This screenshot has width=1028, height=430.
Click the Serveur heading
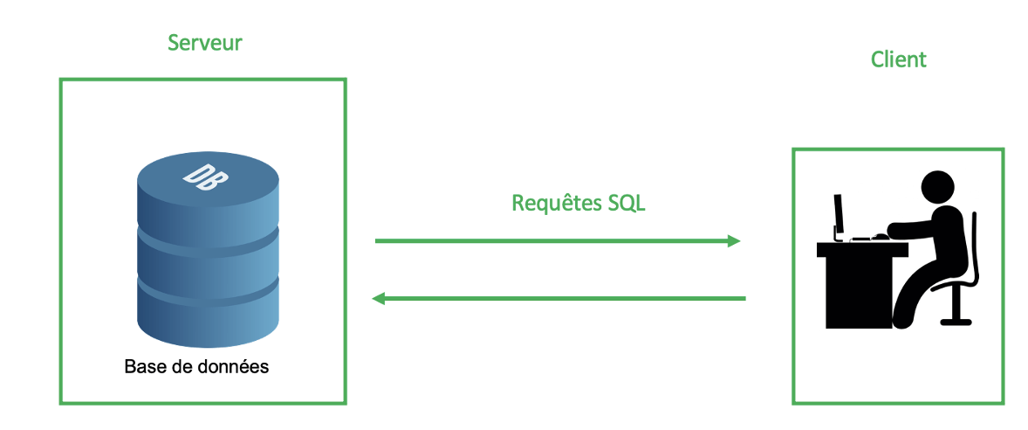pos(204,42)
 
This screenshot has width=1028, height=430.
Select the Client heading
pos(898,59)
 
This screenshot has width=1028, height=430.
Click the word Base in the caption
pos(143,366)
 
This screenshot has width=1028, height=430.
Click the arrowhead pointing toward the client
pos(733,241)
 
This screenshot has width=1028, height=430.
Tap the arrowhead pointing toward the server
pos(380,299)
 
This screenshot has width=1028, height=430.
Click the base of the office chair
pos(956,319)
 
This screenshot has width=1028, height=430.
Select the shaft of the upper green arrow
pos(550,241)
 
